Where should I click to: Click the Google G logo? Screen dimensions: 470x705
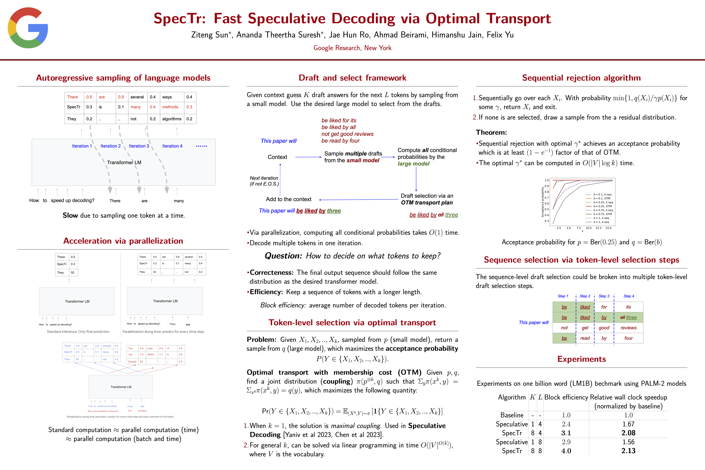click(x=28, y=28)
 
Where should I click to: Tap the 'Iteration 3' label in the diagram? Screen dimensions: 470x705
click(x=139, y=146)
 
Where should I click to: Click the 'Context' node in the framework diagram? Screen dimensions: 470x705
click(x=277, y=157)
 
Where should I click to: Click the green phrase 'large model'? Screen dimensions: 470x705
click(x=413, y=164)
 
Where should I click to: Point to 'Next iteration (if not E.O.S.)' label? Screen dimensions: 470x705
click(x=264, y=181)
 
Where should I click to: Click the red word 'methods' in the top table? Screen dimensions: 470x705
click(x=170, y=107)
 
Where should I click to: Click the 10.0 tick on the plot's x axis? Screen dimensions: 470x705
click(x=588, y=228)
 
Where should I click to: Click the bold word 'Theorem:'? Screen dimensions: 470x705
click(x=491, y=133)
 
